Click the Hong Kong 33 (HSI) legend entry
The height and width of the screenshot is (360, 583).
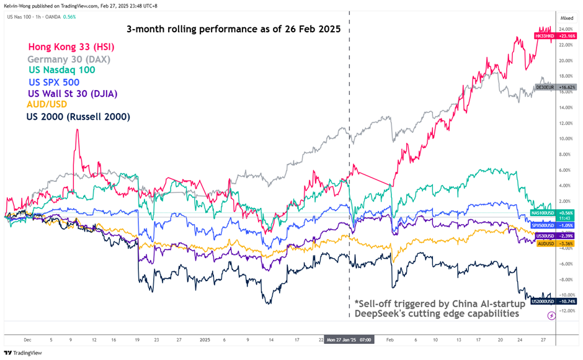[71, 47]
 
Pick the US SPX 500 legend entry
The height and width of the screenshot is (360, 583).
[54, 82]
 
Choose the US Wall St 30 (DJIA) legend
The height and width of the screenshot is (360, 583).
[73, 94]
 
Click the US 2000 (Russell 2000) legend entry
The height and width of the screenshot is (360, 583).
[78, 116]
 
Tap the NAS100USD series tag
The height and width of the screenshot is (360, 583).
[543, 213]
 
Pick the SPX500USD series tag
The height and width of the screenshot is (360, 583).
[543, 225]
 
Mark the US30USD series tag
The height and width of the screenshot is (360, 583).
[545, 236]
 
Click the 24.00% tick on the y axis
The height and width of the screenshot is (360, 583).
[566, 29]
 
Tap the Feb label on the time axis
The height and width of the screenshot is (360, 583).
[390, 340]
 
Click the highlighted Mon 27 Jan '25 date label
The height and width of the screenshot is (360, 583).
[349, 340]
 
